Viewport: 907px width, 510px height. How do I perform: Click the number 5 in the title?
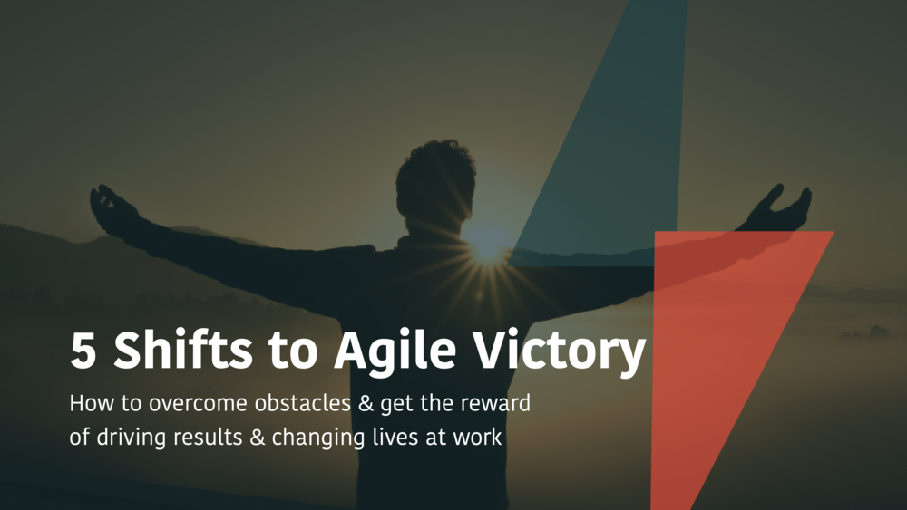tap(83, 351)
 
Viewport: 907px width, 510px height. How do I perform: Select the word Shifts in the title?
tap(183, 349)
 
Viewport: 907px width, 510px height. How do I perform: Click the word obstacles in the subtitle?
tap(303, 402)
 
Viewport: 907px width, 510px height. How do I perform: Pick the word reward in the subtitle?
tap(495, 402)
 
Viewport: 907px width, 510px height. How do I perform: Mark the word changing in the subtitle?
tap(318, 438)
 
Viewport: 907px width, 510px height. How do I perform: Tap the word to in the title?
tap(293, 351)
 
